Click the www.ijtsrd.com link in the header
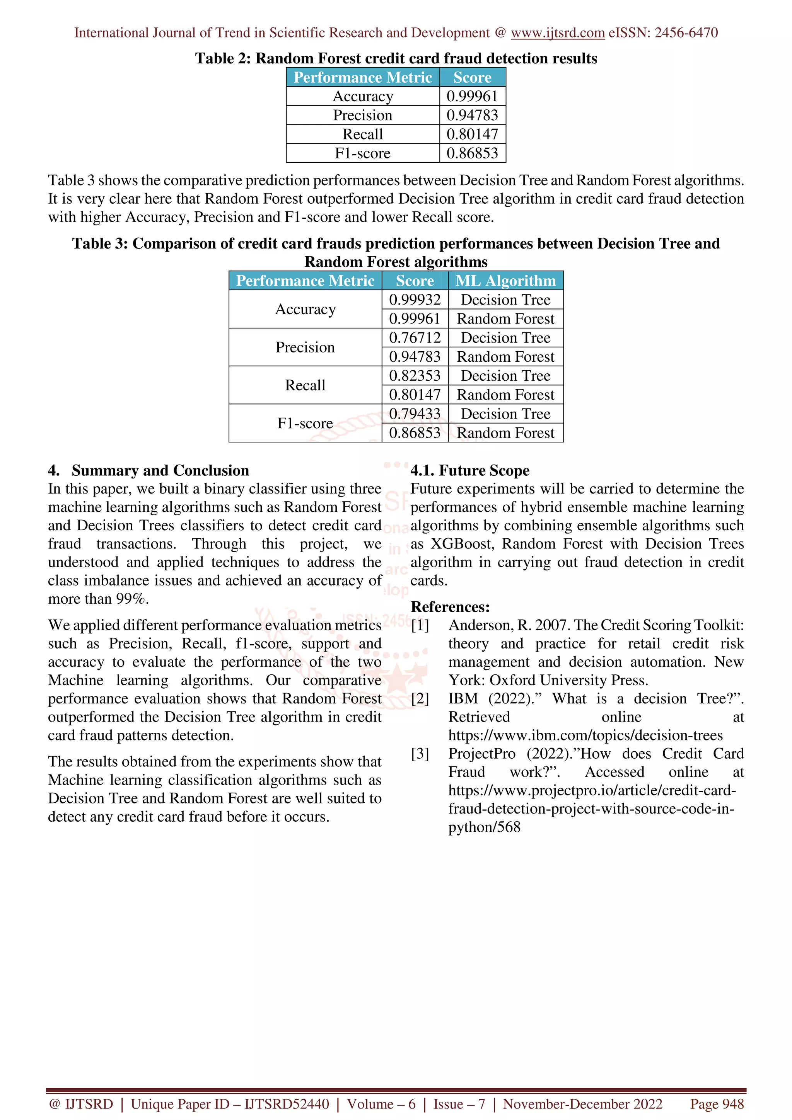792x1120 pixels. (x=557, y=33)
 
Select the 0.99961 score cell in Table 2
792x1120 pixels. (x=472, y=96)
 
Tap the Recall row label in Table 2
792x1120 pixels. (x=363, y=134)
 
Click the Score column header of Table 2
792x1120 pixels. (x=472, y=77)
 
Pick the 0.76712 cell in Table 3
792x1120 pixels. (x=415, y=337)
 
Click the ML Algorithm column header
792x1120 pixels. (x=505, y=281)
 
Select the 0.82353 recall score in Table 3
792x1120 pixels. (x=415, y=376)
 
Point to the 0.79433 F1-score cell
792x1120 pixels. (x=415, y=414)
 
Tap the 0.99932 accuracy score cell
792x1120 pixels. (x=415, y=300)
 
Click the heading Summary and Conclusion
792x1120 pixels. (x=160, y=470)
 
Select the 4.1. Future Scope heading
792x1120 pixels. (x=469, y=470)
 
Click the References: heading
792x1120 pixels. (x=450, y=607)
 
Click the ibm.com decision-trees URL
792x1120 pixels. (x=585, y=735)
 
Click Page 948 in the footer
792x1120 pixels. (x=716, y=1104)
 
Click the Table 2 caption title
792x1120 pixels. (x=396, y=58)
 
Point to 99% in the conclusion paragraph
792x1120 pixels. (x=131, y=599)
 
